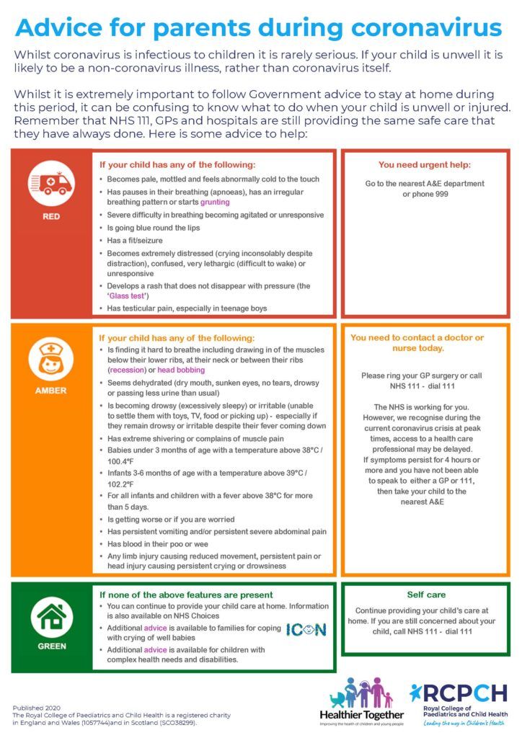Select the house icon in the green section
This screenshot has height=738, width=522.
(51, 616)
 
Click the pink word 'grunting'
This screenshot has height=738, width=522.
(215, 203)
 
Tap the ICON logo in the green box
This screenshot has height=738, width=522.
(306, 629)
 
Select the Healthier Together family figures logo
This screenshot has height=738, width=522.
(360, 692)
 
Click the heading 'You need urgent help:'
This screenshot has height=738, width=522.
(425, 164)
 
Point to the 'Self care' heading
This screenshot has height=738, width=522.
(425, 595)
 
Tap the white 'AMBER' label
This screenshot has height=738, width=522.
(51, 391)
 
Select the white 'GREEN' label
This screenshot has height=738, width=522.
(51, 646)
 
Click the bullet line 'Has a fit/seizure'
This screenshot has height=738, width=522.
(140, 240)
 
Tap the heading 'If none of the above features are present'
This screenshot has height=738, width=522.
(186, 595)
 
